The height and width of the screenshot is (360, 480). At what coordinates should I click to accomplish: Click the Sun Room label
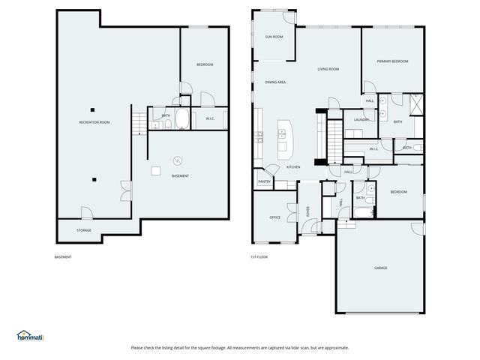[x=274, y=37]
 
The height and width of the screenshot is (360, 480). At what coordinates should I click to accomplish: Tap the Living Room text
[x=328, y=69]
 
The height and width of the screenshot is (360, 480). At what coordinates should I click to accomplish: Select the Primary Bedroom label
[x=392, y=61]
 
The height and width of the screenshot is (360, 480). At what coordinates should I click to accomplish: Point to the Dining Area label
[x=275, y=82]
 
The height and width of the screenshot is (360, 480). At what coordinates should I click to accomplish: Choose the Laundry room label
[x=361, y=120]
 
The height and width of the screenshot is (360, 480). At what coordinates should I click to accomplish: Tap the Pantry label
[x=264, y=181]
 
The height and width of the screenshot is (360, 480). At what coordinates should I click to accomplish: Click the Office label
[x=274, y=217]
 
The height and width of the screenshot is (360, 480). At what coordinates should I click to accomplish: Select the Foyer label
[x=308, y=211]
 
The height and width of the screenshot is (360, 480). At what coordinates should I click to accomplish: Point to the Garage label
[x=381, y=268]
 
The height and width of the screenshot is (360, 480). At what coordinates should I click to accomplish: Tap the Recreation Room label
[x=94, y=122]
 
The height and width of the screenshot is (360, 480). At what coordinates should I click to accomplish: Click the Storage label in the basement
[x=84, y=230]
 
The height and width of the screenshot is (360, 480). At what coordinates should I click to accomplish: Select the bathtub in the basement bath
[x=183, y=119]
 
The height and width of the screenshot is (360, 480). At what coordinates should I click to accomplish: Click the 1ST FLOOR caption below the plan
[x=259, y=257]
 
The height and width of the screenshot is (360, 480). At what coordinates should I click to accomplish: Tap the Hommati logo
[x=31, y=336]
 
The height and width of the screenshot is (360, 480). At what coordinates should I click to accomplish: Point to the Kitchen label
[x=293, y=166]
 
